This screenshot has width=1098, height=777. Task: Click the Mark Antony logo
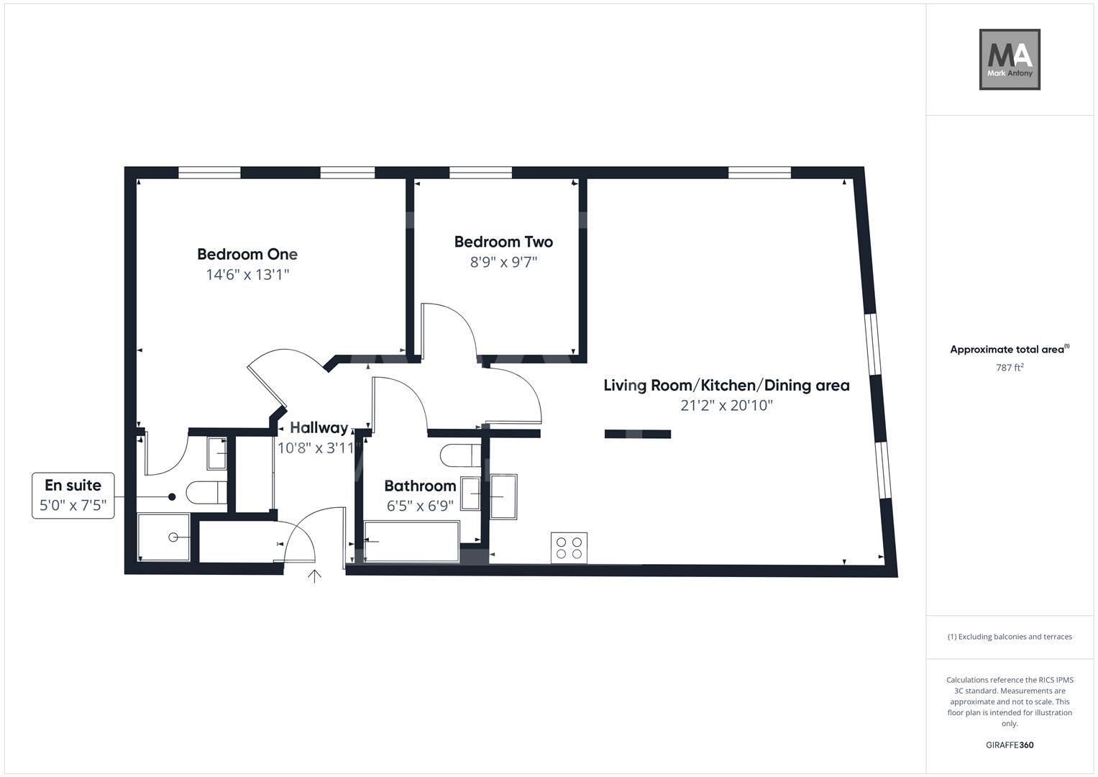click(x=1009, y=59)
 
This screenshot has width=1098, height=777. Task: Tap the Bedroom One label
click(x=247, y=254)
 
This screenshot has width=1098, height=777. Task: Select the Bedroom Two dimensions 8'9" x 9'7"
click(x=503, y=262)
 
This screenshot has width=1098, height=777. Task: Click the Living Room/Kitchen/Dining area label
click(x=726, y=386)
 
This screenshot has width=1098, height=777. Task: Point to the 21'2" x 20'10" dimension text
click(x=726, y=406)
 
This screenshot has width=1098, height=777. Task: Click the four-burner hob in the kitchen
click(x=569, y=547)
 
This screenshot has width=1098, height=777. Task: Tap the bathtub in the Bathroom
click(x=411, y=542)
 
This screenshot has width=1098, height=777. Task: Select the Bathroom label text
click(x=420, y=486)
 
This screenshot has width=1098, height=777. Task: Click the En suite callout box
click(x=73, y=495)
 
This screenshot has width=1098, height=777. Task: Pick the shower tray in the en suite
click(x=165, y=537)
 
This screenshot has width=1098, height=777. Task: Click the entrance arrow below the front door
click(x=314, y=576)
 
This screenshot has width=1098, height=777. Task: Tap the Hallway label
click(x=319, y=428)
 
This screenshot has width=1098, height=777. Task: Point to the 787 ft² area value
click(x=1009, y=368)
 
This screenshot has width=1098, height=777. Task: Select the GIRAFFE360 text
click(x=1009, y=745)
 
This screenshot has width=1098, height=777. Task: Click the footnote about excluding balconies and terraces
click(x=1009, y=637)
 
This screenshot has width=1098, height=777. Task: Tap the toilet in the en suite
click(x=206, y=494)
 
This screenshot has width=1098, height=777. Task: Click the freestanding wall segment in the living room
click(x=637, y=434)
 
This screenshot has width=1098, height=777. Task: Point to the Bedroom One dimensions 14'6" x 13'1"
click(x=247, y=275)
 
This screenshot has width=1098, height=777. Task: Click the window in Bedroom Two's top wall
click(x=480, y=173)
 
